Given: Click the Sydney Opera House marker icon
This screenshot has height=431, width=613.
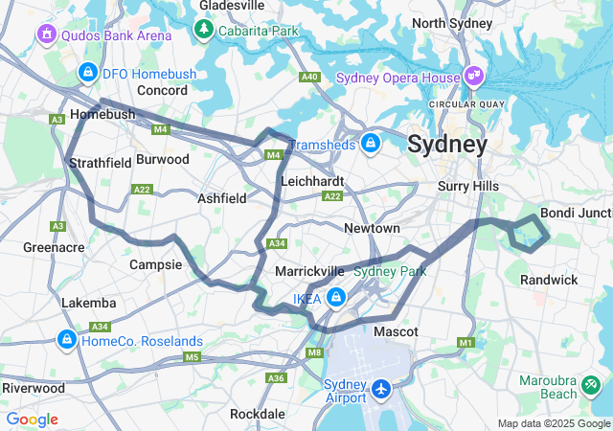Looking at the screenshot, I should pyautogui.click(x=474, y=76).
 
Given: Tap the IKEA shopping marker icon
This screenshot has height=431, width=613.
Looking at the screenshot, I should pyautogui.click(x=334, y=298).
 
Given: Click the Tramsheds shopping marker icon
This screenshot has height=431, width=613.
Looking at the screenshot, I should pyautogui.click(x=371, y=144).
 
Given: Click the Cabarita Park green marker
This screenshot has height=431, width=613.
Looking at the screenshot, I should pyautogui.click(x=203, y=30).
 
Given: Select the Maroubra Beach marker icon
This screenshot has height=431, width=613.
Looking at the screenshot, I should pyautogui.click(x=592, y=386).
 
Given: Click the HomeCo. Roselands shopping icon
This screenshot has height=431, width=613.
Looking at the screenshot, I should pyautogui.click(x=67, y=340).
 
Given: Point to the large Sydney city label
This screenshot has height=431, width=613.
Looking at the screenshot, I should pyautogui.click(x=446, y=145).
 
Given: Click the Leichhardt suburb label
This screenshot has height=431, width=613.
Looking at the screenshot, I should pyautogui.click(x=312, y=180).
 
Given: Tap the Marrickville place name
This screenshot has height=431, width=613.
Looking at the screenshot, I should pyautogui.click(x=309, y=271).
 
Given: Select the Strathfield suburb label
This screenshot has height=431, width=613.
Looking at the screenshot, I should pyautogui.click(x=101, y=163).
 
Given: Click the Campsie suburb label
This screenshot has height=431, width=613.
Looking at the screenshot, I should pyautogui.click(x=155, y=263).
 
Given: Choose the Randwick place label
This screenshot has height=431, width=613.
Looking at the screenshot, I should pyautogui.click(x=549, y=280).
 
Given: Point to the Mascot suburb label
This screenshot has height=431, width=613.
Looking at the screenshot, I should pyautogui.click(x=396, y=331).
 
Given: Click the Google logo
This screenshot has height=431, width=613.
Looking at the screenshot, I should pyautogui.click(x=32, y=420).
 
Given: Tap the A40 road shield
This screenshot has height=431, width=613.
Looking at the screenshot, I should pyautogui.click(x=308, y=77).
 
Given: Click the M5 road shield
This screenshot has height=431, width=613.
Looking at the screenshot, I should pyautogui.click(x=192, y=357).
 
